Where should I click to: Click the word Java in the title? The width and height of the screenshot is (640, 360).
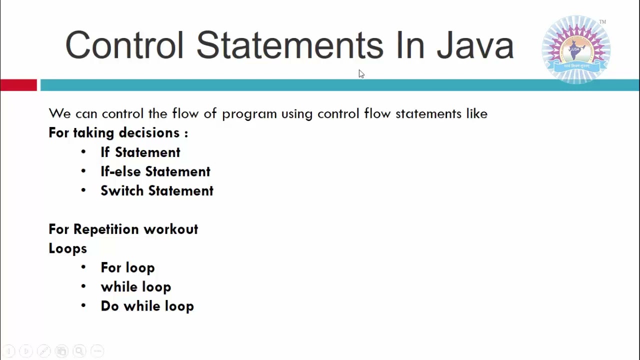click(x=475, y=45)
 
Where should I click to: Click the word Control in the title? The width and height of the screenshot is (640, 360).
click(x=124, y=45)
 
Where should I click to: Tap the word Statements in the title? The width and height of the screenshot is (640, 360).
click(x=289, y=45)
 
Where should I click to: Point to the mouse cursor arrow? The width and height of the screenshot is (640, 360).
click(x=361, y=73)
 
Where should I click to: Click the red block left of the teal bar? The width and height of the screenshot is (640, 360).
click(x=18, y=85)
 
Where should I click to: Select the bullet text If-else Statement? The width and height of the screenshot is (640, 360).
click(x=155, y=171)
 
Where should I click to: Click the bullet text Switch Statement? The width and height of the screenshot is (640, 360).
click(x=156, y=191)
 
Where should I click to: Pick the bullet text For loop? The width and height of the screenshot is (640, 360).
click(x=127, y=267)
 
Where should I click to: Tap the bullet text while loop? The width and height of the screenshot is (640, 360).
click(x=135, y=287)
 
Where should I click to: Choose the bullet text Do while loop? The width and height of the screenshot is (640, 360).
click(x=147, y=306)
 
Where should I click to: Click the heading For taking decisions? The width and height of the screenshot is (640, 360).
click(x=118, y=133)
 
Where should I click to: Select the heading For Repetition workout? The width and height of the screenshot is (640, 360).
click(x=123, y=229)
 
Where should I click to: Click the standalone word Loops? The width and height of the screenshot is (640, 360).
click(x=67, y=248)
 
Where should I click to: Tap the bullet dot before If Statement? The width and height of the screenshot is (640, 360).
click(x=83, y=152)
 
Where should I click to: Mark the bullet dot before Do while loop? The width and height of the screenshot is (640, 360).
click(x=83, y=306)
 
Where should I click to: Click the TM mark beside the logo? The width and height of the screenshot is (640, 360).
click(x=602, y=22)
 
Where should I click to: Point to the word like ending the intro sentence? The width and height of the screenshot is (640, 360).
click(x=476, y=113)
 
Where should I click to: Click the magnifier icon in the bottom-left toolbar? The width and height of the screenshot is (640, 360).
click(x=79, y=351)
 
